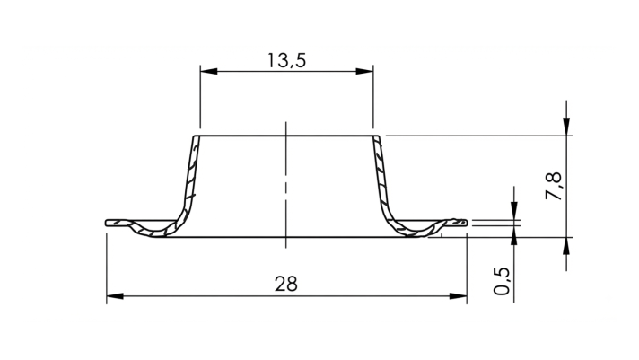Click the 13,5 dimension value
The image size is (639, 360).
pyautogui.click(x=286, y=61)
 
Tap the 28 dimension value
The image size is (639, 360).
pyautogui.click(x=286, y=284)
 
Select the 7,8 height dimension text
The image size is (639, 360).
pyautogui.click(x=554, y=186)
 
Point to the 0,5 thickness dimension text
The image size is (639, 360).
pyautogui.click(x=502, y=281)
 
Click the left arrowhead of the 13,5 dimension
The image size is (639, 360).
pyautogui.click(x=208, y=71)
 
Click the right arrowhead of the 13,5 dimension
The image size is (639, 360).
pyautogui.click(x=364, y=71)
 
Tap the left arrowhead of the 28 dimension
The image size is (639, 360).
pyautogui.click(x=115, y=296)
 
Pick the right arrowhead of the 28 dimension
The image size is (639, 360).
pyautogui.click(x=458, y=296)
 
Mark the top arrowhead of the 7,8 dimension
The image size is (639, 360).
pyautogui.click(x=566, y=127)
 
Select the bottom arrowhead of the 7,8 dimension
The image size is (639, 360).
pyautogui.click(x=566, y=246)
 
